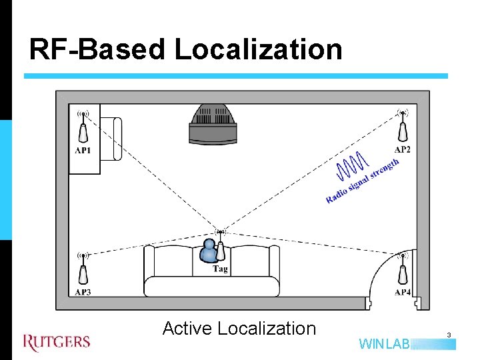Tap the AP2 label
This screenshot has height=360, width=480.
403,149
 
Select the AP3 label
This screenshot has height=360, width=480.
83,292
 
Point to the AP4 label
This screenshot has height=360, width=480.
403,292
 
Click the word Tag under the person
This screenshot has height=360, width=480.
221,269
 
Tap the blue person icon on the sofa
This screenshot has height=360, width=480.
209,251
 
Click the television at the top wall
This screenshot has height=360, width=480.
213,124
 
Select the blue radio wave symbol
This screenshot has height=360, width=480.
352,166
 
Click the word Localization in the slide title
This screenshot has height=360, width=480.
259,49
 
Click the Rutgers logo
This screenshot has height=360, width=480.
57,342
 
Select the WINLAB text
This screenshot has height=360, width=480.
385,345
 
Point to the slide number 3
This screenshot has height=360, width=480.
449,335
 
